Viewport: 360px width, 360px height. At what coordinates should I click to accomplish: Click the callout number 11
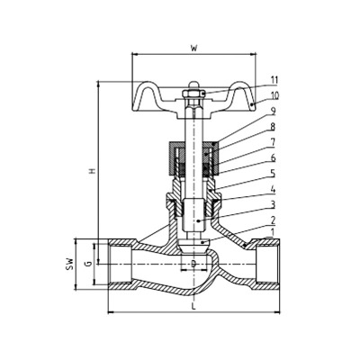point(274,80)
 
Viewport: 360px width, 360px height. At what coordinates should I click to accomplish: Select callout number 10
point(274,95)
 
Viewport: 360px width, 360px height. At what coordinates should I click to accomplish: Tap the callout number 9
point(273,112)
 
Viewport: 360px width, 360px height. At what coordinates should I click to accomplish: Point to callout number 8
point(273,127)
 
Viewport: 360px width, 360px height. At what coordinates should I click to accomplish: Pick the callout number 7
point(273,142)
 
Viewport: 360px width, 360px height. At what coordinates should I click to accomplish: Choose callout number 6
point(273,157)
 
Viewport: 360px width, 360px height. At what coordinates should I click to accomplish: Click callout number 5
point(273,174)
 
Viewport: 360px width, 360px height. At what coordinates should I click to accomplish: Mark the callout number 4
point(273,189)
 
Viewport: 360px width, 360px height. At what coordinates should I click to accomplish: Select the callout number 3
point(273,205)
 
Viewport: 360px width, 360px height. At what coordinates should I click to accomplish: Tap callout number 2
point(273,220)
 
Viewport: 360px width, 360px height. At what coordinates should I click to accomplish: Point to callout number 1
point(273,232)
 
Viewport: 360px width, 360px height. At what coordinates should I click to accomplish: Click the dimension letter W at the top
point(194,49)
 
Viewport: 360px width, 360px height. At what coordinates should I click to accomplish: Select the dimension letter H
point(93,171)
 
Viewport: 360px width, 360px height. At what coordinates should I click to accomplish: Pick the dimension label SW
point(69,264)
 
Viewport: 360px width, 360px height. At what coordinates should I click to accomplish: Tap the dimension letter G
point(88,264)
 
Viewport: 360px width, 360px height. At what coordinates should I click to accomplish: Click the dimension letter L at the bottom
point(193,307)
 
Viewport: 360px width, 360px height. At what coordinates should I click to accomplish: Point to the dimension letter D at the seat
point(193,264)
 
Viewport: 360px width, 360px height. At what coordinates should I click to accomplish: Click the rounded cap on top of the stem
point(193,85)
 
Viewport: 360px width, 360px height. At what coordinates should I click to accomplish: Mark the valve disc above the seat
point(193,246)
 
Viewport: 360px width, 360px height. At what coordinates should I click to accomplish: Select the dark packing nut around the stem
point(193,158)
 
